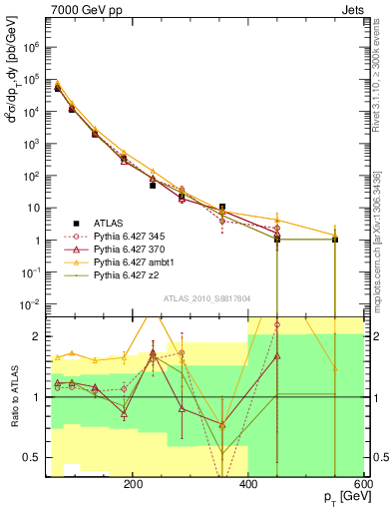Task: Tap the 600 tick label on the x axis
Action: [x=364, y=483]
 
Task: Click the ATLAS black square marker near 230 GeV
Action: [x=154, y=185]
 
